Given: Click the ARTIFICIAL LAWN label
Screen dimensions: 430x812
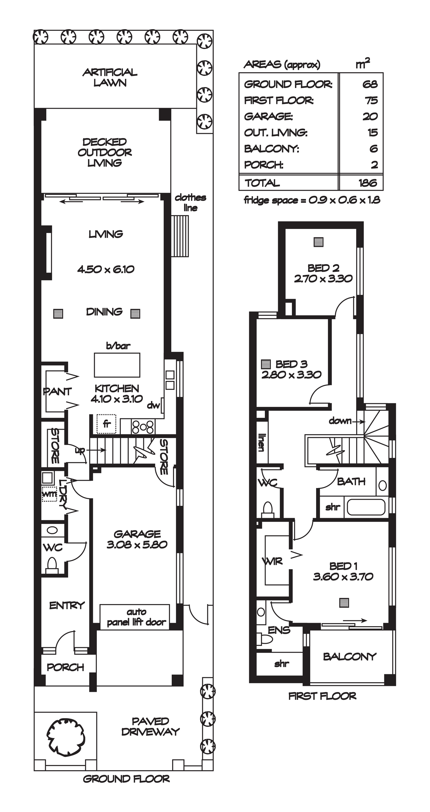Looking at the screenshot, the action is tap(110, 77).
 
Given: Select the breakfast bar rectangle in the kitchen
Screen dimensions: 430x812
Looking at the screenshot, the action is tap(117, 365).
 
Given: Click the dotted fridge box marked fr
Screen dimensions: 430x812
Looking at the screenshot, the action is tap(106, 424).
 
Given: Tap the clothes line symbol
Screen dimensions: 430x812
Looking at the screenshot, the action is tap(180, 236).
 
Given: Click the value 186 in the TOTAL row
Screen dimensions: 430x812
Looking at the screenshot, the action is tap(368, 183).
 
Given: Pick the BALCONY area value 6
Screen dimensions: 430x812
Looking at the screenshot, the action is tap(374, 149).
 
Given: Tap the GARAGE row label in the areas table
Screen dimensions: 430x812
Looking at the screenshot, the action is tap(268, 117).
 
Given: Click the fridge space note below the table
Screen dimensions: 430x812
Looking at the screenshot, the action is tap(312, 200).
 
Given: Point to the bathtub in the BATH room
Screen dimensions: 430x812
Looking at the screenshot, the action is tap(366, 507).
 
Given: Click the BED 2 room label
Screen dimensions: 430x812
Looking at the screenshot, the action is tap(323, 268).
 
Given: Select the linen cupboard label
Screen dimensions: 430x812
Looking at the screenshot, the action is tap(261, 442).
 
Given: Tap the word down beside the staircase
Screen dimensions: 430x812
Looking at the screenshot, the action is tap(340, 421).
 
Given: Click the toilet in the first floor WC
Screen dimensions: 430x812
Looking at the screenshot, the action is tap(268, 509).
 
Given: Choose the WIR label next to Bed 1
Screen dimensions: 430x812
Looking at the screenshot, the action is tap(272, 561).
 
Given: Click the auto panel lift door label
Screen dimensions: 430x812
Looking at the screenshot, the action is tap(136, 617).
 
